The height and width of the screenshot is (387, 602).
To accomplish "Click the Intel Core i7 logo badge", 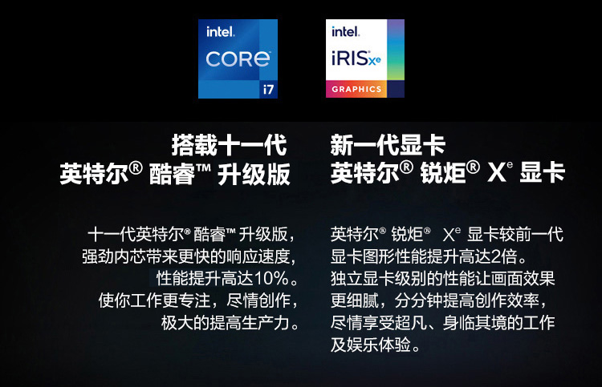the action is (238, 58).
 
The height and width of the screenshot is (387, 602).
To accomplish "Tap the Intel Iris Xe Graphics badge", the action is (364, 58).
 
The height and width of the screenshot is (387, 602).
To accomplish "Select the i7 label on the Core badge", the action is (268, 89).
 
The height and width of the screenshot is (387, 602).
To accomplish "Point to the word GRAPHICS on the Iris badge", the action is (356, 89).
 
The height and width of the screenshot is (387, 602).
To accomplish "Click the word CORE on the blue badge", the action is (238, 59).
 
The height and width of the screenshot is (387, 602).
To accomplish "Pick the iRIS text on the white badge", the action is (349, 58).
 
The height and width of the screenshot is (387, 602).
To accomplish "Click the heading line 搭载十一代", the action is (230, 145).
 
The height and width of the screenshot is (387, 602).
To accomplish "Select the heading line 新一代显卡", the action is (388, 145).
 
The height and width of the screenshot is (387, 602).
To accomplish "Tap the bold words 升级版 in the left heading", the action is (254, 175).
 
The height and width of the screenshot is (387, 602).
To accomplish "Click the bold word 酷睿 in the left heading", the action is (172, 175).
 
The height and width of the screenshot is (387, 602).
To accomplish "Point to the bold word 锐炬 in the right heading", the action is (443, 173).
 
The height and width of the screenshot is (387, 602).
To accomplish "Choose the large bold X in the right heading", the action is (496, 173).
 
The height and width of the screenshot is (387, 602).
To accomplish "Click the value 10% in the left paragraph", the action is (271, 279).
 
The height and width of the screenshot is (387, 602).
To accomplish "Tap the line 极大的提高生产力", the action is (225, 323).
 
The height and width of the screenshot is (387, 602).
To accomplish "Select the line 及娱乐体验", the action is (371, 345).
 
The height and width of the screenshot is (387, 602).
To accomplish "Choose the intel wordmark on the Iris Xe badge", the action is (345, 31).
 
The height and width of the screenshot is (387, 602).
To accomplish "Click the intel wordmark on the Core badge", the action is (220, 32).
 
